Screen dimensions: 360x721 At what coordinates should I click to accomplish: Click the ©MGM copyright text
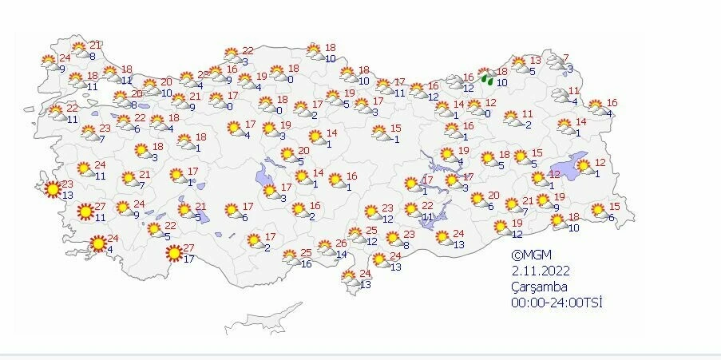coord(529,255)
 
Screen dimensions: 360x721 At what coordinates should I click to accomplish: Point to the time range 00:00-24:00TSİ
coord(556,303)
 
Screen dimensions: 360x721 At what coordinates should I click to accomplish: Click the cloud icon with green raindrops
coord(485,77)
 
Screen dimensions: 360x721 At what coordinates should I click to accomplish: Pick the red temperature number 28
coord(203,75)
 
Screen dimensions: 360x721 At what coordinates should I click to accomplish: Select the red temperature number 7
coord(566,57)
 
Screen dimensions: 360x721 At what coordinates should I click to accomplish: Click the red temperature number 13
coord(536,60)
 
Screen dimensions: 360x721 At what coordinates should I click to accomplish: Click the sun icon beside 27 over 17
coord(172,255)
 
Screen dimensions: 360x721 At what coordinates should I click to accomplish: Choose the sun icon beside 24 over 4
coord(98,243)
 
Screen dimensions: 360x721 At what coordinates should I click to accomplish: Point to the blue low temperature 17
coord(188,259)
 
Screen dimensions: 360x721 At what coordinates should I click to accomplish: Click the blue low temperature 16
coord(305,263)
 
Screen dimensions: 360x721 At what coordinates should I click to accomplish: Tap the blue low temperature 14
coord(343,254)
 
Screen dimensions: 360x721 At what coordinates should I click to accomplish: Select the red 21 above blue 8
coord(95,45)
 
